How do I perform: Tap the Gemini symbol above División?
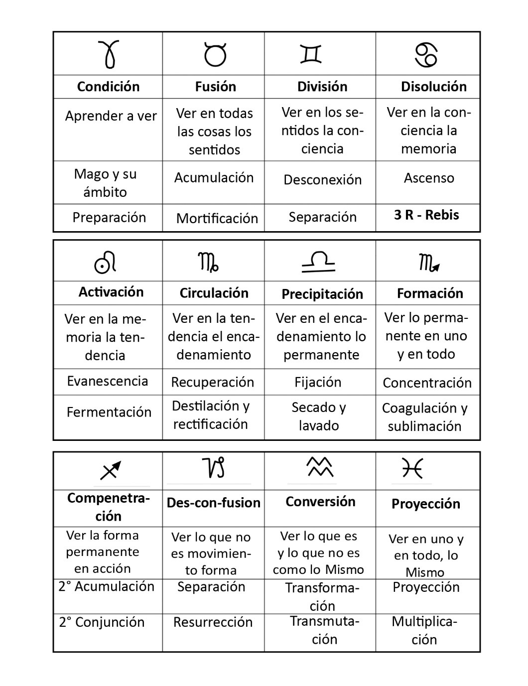pyautogui.click(x=311, y=54)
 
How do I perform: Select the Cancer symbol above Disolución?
pyautogui.click(x=426, y=54)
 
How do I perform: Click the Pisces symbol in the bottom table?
pyautogui.click(x=412, y=468)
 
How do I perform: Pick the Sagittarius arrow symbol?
pyautogui.click(x=111, y=470)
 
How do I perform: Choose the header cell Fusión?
pyautogui.click(x=215, y=87)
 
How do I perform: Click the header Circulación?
pyautogui.click(x=214, y=293)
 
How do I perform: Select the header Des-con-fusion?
pyautogui.click(x=213, y=503)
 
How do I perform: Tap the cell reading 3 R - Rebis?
pyautogui.click(x=426, y=215)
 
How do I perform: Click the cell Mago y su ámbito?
pyautogui.click(x=105, y=183)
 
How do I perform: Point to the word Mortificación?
pyautogui.click(x=217, y=218)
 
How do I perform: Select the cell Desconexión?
pyautogui.click(x=322, y=179)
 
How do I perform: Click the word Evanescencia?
pyautogui.click(x=108, y=381)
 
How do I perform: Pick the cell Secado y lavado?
pyautogui.click(x=319, y=416)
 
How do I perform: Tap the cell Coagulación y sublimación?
pyautogui.click(x=425, y=417)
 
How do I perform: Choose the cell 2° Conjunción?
pyautogui.click(x=102, y=622)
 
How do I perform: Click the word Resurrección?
pyautogui.click(x=213, y=622)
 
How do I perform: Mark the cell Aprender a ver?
pyautogui.click(x=111, y=116)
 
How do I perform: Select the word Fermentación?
pyautogui.click(x=109, y=412)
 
